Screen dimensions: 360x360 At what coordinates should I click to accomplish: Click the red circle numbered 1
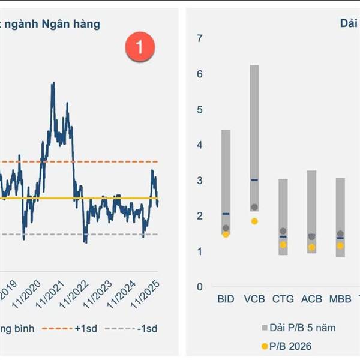coord(140,47)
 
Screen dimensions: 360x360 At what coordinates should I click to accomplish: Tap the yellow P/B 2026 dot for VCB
coord(254,221)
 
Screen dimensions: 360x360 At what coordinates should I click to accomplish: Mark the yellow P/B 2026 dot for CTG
coord(283,245)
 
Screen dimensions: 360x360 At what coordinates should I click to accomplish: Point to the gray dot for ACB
coord(311,237)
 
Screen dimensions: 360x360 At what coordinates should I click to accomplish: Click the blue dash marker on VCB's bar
coord(254,180)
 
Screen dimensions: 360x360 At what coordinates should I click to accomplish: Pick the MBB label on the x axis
coord(340,299)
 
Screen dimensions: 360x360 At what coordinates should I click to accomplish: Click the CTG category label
coord(283,299)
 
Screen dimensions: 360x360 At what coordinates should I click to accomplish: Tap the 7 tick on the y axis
coord(200,39)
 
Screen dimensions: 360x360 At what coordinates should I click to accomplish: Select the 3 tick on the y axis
coord(200,181)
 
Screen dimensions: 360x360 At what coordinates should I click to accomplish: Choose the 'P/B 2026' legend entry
coord(287,346)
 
